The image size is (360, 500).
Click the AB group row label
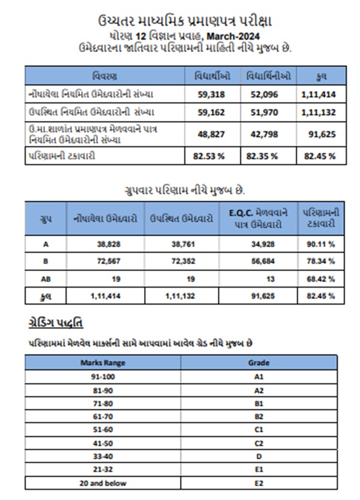(x=46, y=279)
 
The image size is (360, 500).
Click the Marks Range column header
(x=102, y=362)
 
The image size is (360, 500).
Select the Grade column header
(x=259, y=362)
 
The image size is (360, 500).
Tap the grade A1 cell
(x=259, y=377)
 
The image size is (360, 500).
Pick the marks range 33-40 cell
(x=102, y=457)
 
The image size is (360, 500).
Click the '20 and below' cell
(x=102, y=483)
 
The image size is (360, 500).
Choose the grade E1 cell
(x=259, y=470)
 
